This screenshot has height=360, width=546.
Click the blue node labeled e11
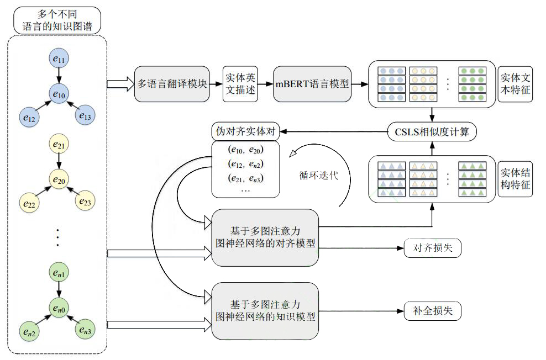coord(59,58)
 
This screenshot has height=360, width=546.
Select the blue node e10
coord(59,94)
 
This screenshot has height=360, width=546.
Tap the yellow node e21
coord(59,145)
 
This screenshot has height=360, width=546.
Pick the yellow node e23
coord(85,203)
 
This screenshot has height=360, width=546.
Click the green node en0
coord(59,308)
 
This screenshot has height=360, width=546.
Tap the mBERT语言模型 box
coord(312,84)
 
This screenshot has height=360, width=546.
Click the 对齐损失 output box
coord(432,248)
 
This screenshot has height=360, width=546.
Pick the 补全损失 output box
coord(432,311)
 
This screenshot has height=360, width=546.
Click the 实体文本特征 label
coord(516,84)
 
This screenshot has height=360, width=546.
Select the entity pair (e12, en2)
coord(245,163)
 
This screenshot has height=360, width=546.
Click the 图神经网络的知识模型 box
coord(266,311)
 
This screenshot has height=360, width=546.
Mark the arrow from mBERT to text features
coord(360,84)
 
